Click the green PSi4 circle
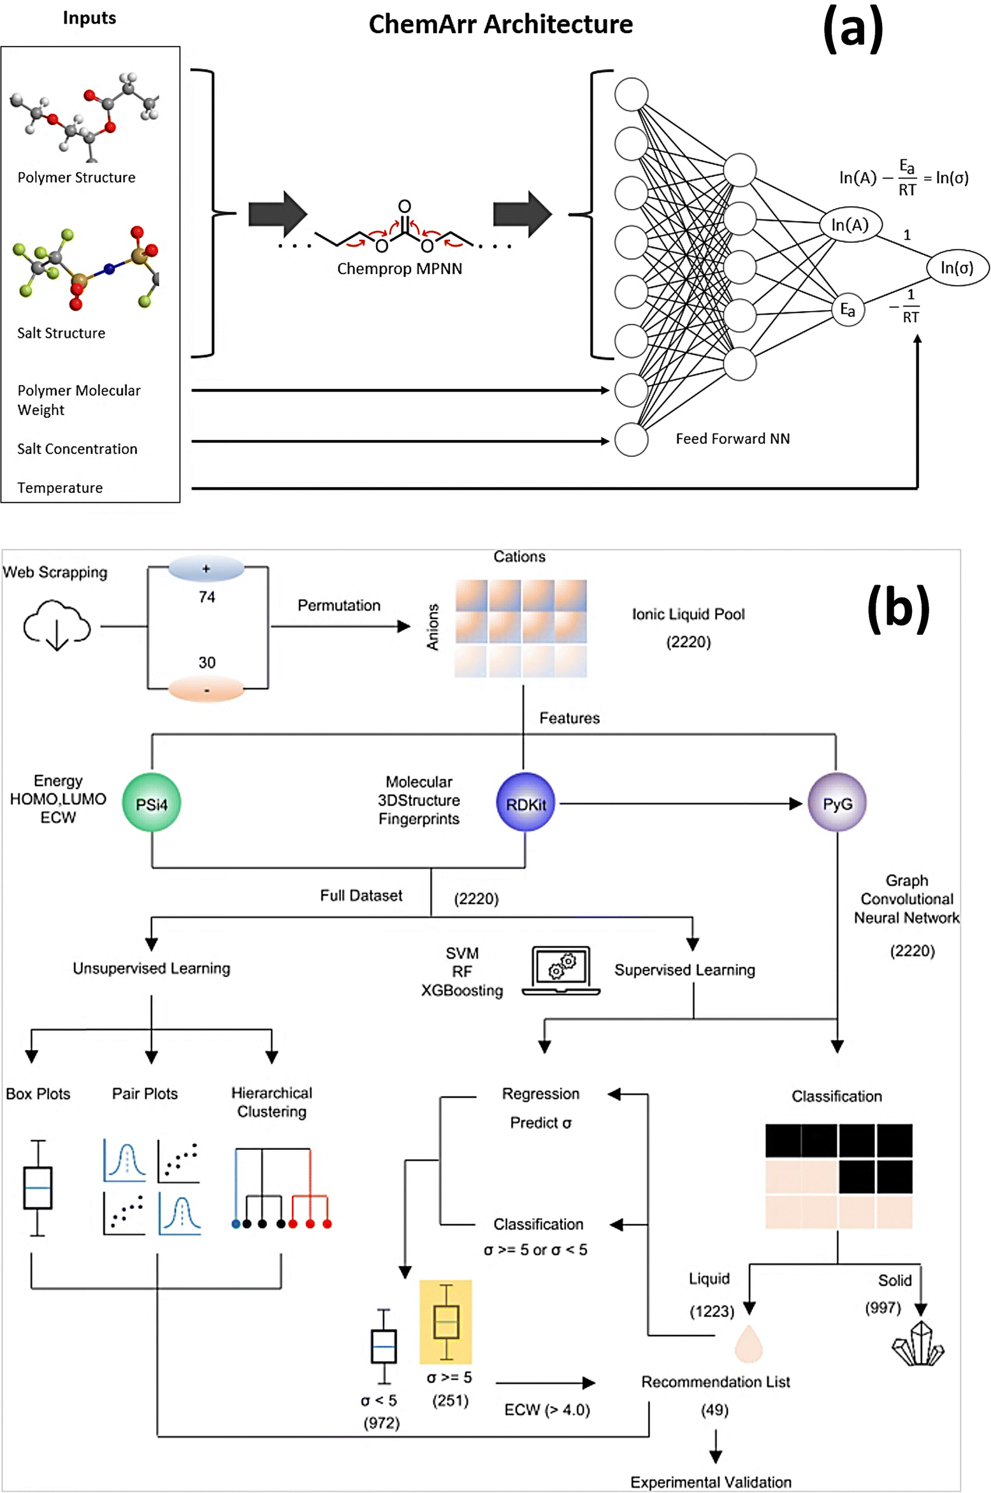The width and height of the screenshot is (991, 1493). click(151, 803)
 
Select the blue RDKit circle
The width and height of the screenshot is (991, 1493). click(525, 803)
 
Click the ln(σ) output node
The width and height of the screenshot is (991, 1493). click(956, 267)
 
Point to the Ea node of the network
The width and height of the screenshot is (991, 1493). click(847, 310)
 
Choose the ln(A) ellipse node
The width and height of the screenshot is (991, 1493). click(850, 224)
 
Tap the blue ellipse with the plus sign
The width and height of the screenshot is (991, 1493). click(206, 569)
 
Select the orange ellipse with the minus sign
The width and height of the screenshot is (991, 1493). click(206, 690)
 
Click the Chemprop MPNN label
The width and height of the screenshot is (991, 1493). click(400, 268)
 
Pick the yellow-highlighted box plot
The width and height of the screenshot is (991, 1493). click(445, 1321)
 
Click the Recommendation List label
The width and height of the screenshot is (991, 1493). click(715, 1381)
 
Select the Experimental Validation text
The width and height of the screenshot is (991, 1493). click(711, 1482)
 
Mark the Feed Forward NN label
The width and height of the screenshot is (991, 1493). click(732, 439)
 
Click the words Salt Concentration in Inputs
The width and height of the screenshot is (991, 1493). click(77, 449)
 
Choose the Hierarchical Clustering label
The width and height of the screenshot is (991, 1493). click(271, 1102)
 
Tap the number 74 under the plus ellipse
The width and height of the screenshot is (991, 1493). click(206, 597)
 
